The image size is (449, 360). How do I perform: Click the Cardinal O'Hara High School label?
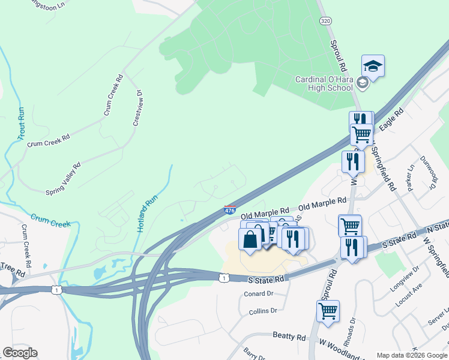point(324,83)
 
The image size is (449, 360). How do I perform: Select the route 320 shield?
point(325,20)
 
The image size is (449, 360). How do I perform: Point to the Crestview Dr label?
point(137,108)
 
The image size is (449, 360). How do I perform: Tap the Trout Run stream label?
point(22,124)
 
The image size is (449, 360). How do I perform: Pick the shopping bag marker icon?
point(250,239)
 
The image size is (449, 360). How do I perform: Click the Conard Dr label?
point(259,294)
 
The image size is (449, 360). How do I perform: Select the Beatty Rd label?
point(289,337)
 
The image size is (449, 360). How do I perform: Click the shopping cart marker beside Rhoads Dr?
point(328,311)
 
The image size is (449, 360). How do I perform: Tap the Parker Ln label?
point(412,176)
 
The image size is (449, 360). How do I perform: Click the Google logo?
point(20,353)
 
